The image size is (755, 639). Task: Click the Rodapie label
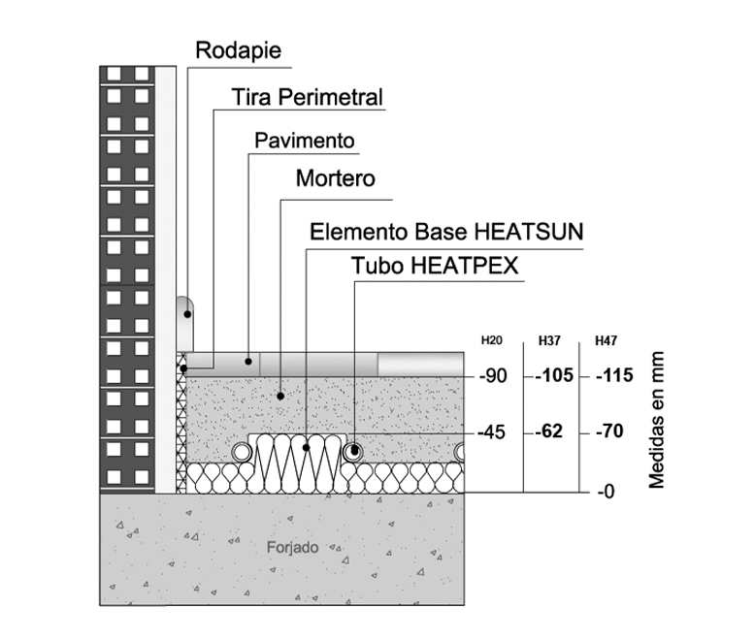tap(239, 50)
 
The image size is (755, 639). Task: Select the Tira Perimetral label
tap(308, 97)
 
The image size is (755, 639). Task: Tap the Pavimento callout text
tap(305, 141)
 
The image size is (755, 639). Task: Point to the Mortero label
tap(336, 178)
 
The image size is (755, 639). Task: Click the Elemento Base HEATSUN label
tap(446, 232)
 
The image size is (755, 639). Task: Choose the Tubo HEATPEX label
tap(435, 266)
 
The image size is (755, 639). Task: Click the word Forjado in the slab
tap(293, 548)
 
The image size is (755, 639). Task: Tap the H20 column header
tap(492, 340)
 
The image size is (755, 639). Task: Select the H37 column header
tap(549, 340)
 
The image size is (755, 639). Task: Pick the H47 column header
tap(606, 340)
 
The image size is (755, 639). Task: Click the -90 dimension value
tap(493, 376)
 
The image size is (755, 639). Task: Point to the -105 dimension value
tap(554, 375)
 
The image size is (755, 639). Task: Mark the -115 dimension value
tap(614, 375)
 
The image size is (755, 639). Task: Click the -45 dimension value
tap(492, 432)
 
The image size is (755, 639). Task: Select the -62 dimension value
tap(549, 431)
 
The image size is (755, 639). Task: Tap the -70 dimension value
tap(609, 431)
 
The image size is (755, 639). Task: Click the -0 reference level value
tap(607, 492)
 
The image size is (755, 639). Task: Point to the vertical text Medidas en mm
tap(656, 420)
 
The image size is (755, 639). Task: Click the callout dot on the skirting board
tap(188, 314)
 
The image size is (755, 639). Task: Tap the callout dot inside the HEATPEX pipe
tap(355, 451)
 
